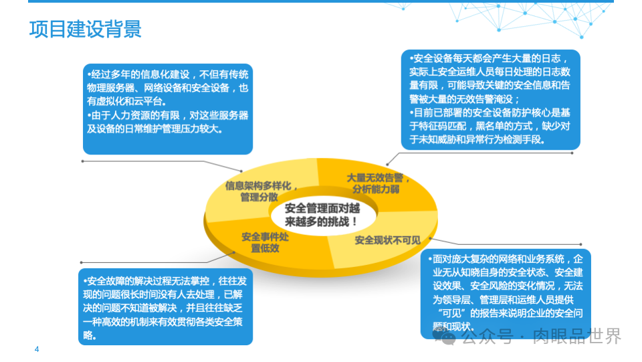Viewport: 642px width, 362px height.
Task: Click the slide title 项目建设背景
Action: (85, 30)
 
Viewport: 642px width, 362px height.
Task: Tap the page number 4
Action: (37, 349)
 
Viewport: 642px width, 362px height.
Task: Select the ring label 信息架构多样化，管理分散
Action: (261, 191)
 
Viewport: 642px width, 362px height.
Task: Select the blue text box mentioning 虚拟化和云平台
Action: (167, 108)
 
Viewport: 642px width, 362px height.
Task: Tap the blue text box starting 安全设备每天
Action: (490, 99)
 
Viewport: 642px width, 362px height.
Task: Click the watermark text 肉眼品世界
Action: (577, 336)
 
